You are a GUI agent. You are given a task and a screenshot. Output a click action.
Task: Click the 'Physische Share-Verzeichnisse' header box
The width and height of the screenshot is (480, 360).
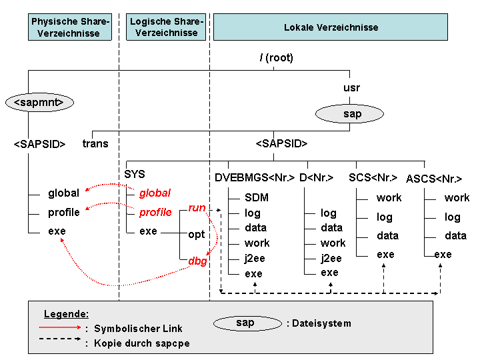point(70,27)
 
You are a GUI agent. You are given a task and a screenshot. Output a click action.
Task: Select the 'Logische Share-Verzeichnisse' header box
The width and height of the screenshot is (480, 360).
point(166,27)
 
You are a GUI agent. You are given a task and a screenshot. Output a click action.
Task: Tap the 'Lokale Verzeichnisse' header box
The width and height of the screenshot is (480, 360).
point(331,27)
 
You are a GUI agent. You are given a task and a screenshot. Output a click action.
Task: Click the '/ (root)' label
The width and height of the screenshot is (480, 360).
point(276,57)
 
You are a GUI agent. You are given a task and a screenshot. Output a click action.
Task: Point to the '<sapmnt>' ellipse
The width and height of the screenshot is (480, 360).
point(39,102)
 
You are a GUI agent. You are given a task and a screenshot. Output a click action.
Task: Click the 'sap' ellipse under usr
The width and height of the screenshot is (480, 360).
point(349,114)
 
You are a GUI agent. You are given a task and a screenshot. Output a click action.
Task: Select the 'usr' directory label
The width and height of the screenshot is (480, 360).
point(351,88)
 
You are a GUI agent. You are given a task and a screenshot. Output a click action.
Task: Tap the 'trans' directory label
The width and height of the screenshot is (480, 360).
point(95,143)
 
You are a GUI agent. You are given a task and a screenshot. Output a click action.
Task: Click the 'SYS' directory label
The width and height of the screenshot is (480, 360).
point(135,174)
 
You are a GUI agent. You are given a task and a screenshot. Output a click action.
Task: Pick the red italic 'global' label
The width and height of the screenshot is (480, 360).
point(155,193)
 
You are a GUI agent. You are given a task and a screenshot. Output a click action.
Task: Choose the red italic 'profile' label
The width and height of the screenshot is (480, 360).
point(155,212)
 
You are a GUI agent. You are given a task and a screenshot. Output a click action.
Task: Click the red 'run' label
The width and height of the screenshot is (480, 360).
point(197,208)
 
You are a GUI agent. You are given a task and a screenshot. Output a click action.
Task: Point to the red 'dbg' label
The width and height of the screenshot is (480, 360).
point(197,261)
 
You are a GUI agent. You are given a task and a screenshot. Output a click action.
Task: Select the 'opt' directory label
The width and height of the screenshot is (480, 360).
point(196,235)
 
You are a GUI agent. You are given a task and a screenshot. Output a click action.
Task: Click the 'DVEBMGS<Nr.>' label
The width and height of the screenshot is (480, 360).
point(255,177)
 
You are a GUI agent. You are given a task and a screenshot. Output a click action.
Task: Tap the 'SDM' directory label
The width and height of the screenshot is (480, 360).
point(257,197)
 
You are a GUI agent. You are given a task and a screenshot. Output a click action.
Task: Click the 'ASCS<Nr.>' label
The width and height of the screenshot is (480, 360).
point(434,179)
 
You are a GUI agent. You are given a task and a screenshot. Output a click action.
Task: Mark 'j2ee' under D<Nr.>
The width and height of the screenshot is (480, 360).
point(331,258)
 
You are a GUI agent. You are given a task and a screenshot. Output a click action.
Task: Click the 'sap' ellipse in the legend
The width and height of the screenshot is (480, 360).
point(247,323)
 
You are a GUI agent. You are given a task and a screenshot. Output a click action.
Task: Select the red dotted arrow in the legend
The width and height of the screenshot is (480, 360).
point(60,327)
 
